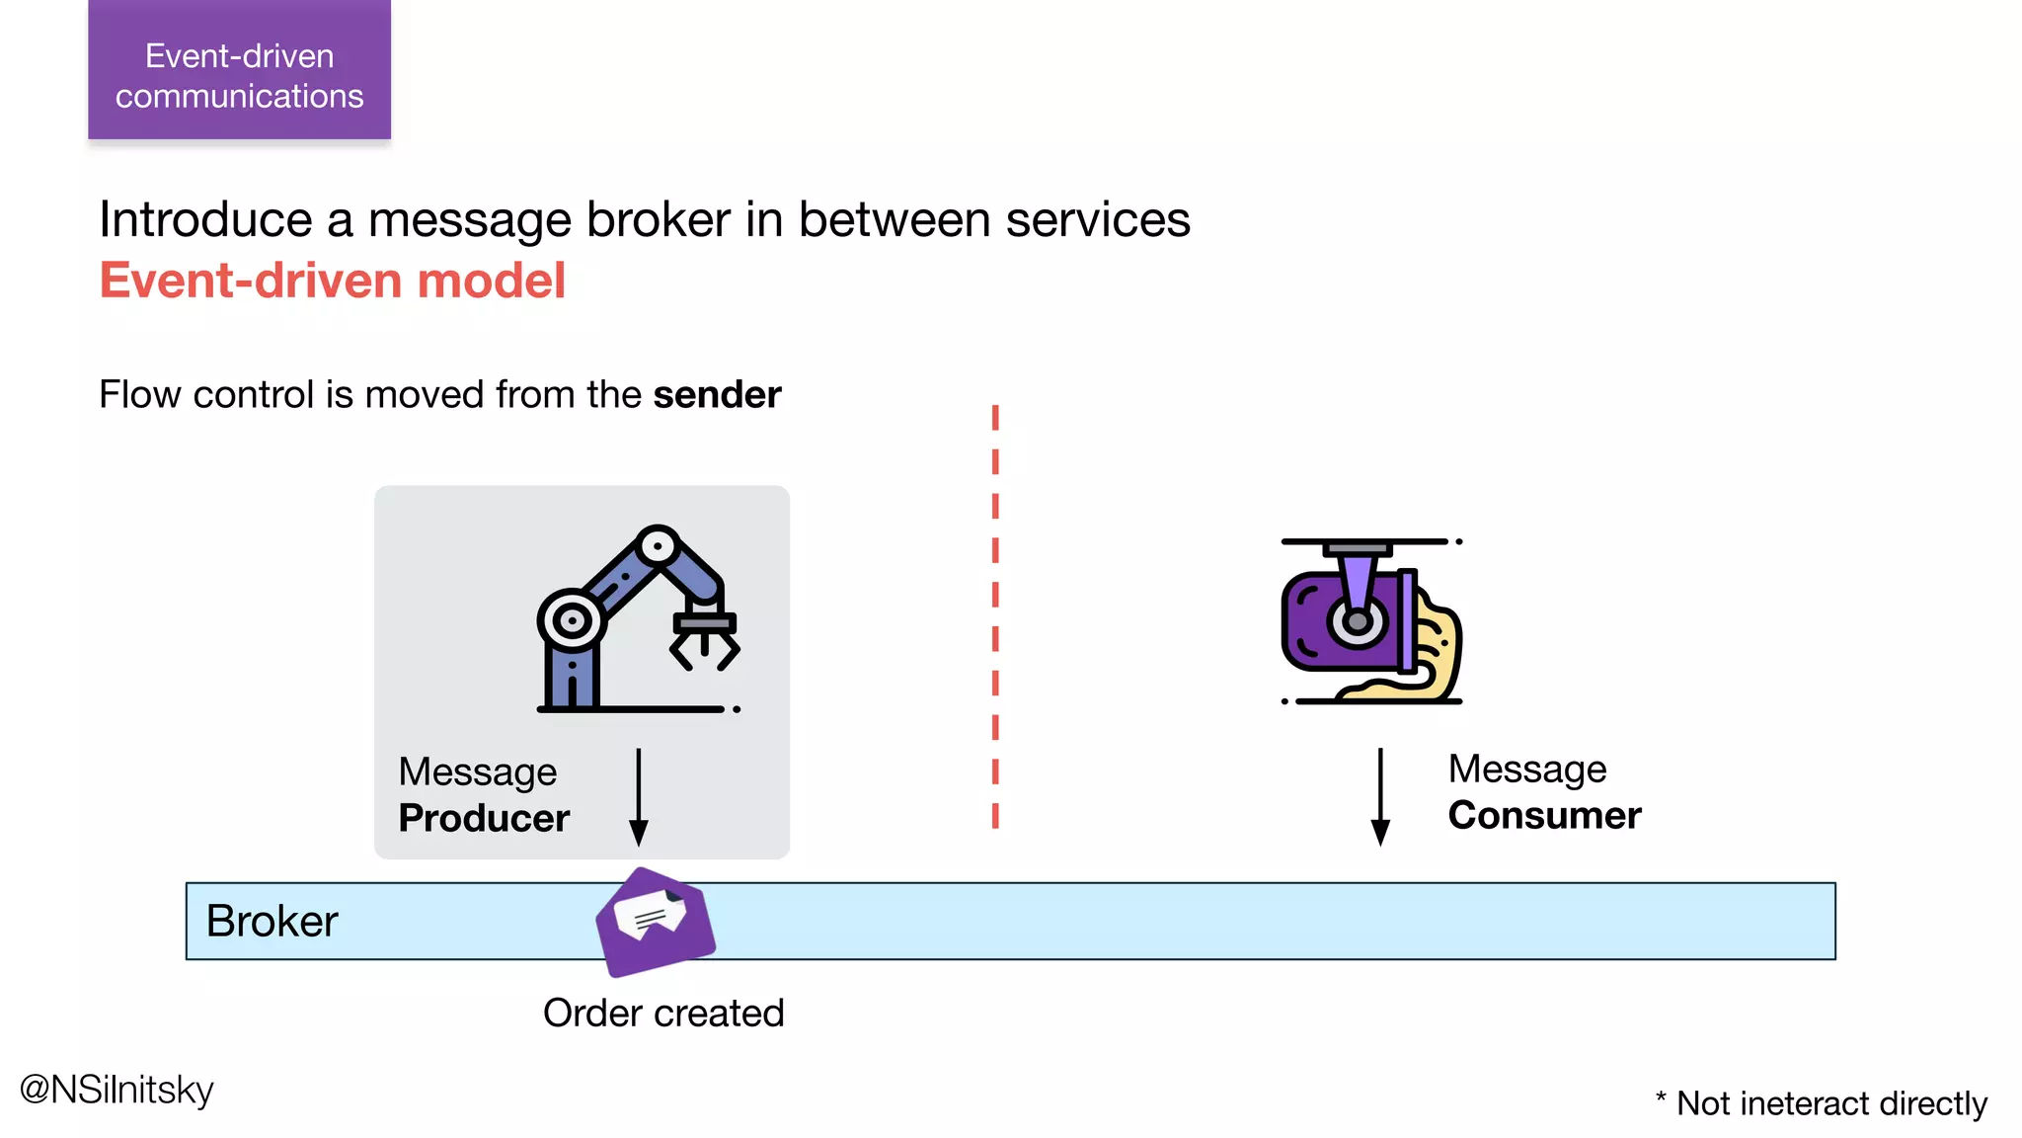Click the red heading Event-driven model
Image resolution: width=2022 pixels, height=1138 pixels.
[333, 281]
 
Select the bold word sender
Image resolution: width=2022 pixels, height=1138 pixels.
[717, 395]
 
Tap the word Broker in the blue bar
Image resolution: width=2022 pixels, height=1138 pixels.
[272, 922]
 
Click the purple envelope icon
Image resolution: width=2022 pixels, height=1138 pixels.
[656, 922]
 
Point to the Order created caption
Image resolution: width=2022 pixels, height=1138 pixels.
[663, 1014]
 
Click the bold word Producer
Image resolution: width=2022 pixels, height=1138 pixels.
[484, 819]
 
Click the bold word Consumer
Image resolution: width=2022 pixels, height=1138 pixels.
[1544, 816]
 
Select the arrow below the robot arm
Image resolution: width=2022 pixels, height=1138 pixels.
[639, 796]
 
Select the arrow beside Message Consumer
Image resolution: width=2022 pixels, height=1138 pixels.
[1380, 796]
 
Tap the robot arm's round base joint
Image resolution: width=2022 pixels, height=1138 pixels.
[572, 620]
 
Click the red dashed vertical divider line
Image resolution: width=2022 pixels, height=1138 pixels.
[995, 616]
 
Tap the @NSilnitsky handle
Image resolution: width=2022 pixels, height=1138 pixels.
[117, 1090]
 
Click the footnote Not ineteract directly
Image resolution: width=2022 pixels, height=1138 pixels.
[1822, 1103]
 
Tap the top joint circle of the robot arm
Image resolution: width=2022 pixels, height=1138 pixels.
[658, 545]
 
